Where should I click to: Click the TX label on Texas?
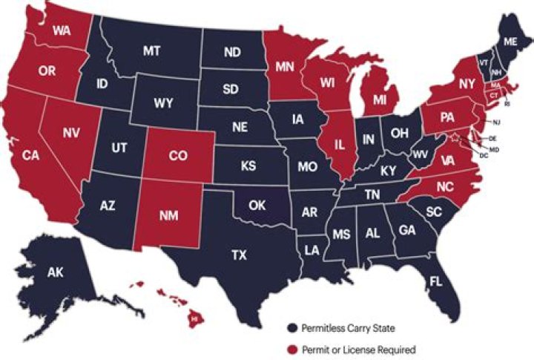point(239,255)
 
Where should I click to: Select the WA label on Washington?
point(62,33)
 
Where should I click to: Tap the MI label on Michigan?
point(379,99)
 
